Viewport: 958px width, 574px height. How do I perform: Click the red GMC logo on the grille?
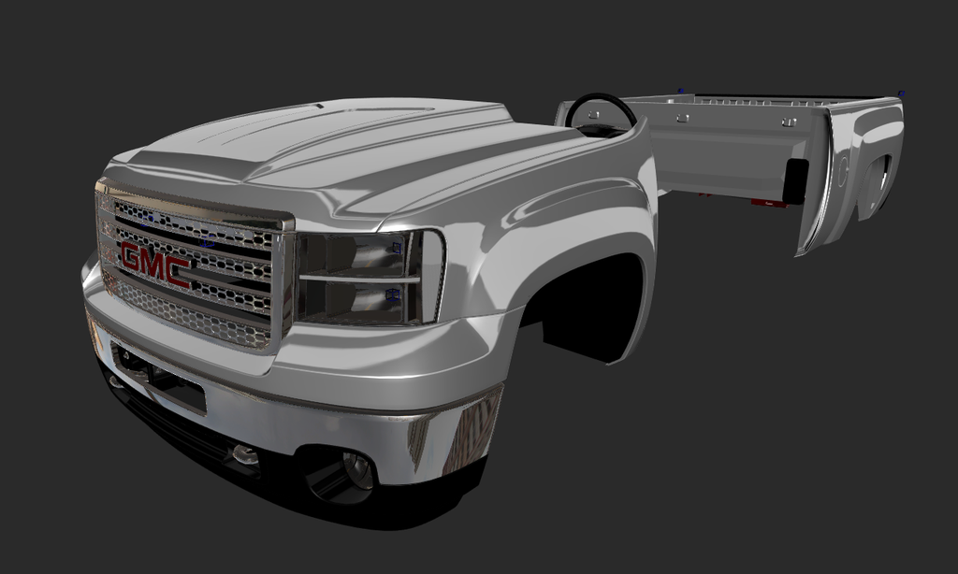[155, 264]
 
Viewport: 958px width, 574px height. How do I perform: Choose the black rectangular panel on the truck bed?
[795, 180]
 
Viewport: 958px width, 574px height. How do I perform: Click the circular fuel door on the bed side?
[842, 170]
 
